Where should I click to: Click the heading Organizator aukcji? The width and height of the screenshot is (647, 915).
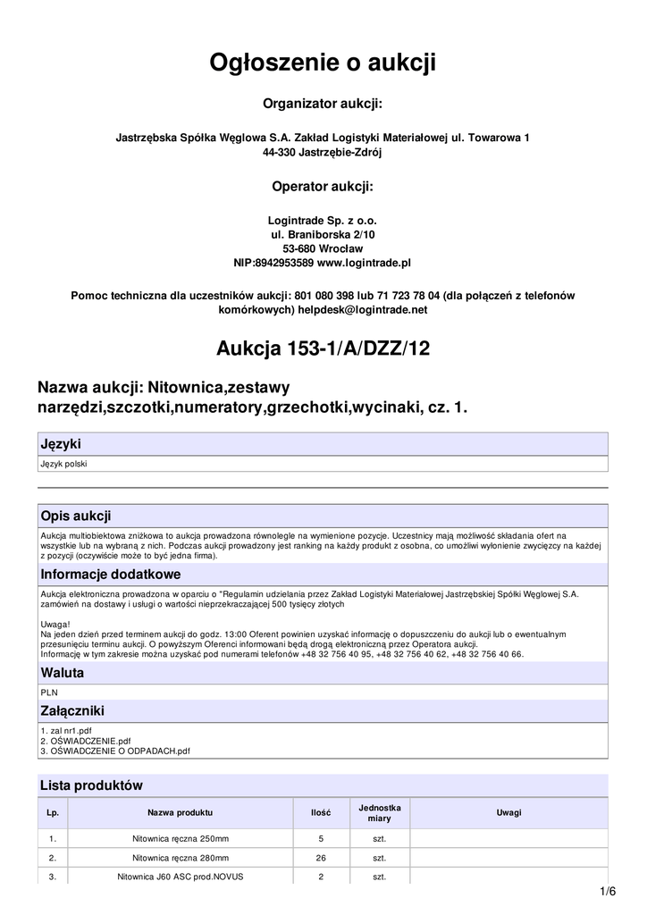point(323,105)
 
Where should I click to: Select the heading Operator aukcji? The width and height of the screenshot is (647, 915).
point(323,187)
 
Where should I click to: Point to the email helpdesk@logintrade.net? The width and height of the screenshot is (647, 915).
point(368,309)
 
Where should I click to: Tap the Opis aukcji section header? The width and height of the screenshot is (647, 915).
point(76,516)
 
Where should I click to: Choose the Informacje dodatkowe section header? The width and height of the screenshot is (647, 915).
point(111,574)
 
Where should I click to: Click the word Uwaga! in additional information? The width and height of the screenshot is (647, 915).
point(55,624)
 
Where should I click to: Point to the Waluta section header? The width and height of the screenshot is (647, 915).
point(63,673)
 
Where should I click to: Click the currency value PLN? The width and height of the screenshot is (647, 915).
point(49,692)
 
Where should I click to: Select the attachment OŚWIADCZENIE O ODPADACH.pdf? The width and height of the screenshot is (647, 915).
point(115,751)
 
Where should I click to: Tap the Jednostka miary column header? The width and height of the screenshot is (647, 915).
point(379,812)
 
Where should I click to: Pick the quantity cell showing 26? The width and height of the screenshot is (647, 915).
point(321,858)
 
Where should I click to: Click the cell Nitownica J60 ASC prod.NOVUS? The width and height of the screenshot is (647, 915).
point(181,877)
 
